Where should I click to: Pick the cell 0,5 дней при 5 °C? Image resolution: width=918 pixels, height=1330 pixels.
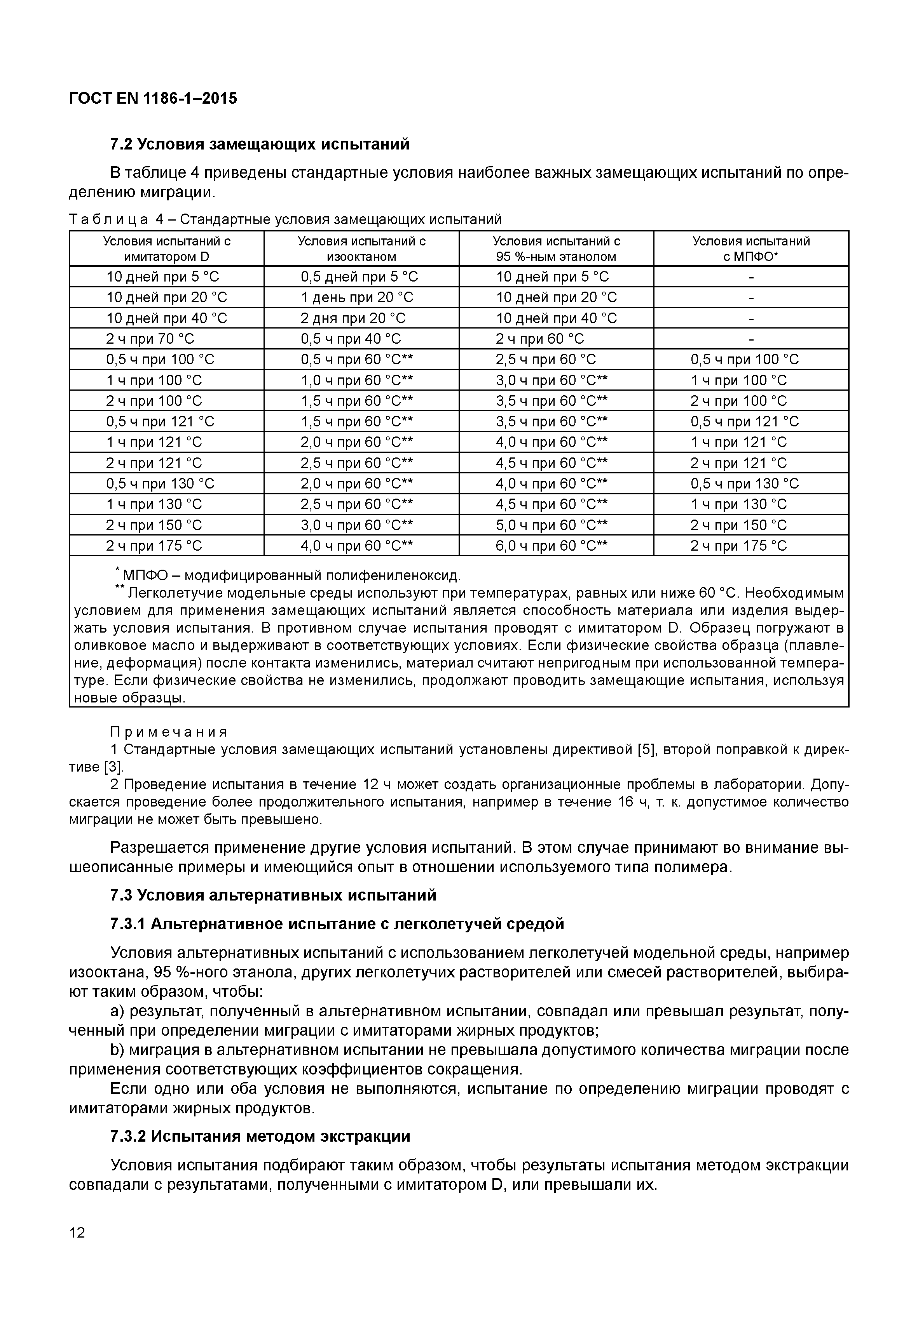click(360, 277)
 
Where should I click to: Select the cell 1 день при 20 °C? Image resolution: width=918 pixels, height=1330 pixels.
click(357, 298)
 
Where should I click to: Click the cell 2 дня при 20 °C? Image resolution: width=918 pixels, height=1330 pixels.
click(353, 318)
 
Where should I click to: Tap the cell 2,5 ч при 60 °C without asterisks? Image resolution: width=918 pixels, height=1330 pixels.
click(546, 360)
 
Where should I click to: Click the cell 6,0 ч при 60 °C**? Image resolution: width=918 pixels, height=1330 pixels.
click(551, 546)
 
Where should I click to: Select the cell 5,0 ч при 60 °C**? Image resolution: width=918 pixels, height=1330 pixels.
click(551, 525)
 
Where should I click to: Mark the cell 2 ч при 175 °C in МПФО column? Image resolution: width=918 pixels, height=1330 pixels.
click(738, 546)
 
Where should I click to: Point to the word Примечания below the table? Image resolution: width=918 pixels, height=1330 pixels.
click(169, 732)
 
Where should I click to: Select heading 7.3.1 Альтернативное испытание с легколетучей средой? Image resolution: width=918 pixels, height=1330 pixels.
click(337, 924)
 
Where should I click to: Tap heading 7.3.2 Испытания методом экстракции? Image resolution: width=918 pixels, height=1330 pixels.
click(260, 1136)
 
